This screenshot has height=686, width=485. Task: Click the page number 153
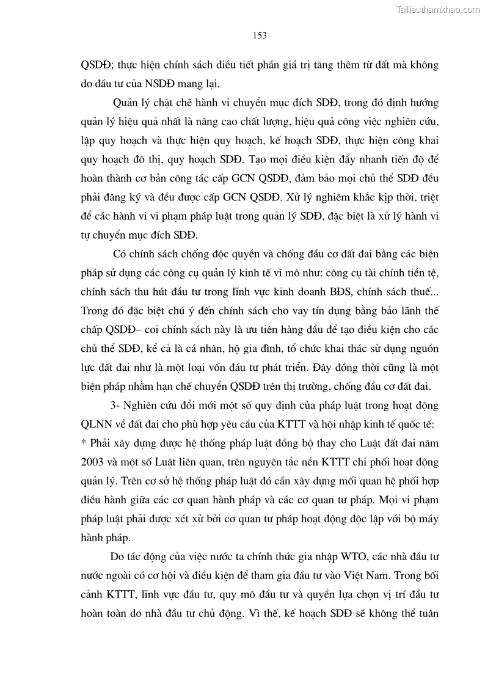(x=260, y=35)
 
